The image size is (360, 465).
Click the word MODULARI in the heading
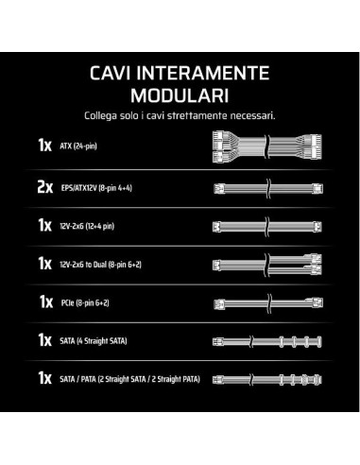tap(180, 95)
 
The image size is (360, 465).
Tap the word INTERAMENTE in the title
tap(203, 73)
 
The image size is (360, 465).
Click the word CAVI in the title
tap(110, 73)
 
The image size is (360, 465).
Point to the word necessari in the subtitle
tap(252, 115)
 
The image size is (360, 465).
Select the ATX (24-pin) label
tap(78, 146)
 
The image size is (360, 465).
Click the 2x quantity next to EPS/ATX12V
tap(45, 187)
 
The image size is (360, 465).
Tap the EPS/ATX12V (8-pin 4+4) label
tap(96, 188)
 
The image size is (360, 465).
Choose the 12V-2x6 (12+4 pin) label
tap(87, 226)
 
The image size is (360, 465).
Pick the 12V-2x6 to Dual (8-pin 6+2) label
tap(100, 265)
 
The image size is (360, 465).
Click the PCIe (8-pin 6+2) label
tap(85, 302)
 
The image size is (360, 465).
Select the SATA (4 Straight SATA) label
tap(94, 341)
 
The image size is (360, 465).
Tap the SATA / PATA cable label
tap(129, 379)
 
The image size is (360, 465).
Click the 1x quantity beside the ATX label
tap(45, 146)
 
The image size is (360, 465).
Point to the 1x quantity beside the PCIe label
tap(46, 301)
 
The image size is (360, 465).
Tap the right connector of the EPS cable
tap(317, 189)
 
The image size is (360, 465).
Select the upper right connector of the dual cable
tap(316, 259)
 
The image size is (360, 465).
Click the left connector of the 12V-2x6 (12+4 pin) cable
tap(216, 227)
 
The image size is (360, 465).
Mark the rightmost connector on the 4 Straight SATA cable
tap(319, 341)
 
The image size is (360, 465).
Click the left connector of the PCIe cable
tap(219, 303)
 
